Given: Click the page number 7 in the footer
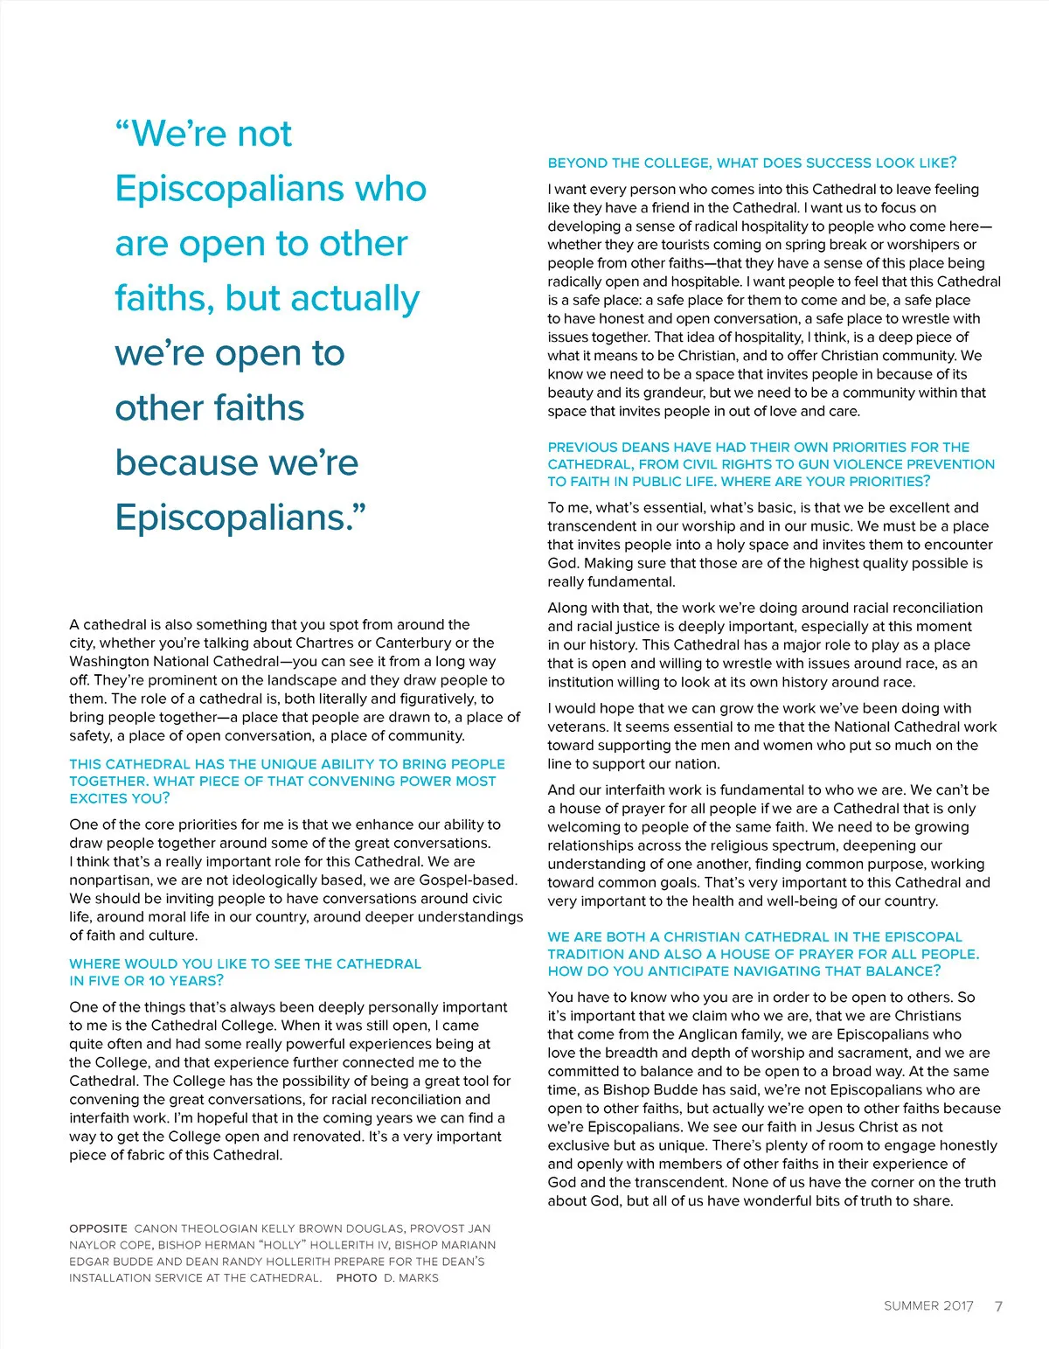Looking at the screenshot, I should [998, 1306].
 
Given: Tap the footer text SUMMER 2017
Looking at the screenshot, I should [928, 1306].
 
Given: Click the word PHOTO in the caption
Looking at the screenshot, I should [357, 1277].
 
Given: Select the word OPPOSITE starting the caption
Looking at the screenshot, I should [99, 1228].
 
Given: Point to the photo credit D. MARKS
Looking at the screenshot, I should [412, 1277].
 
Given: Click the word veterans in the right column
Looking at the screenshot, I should [577, 727].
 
